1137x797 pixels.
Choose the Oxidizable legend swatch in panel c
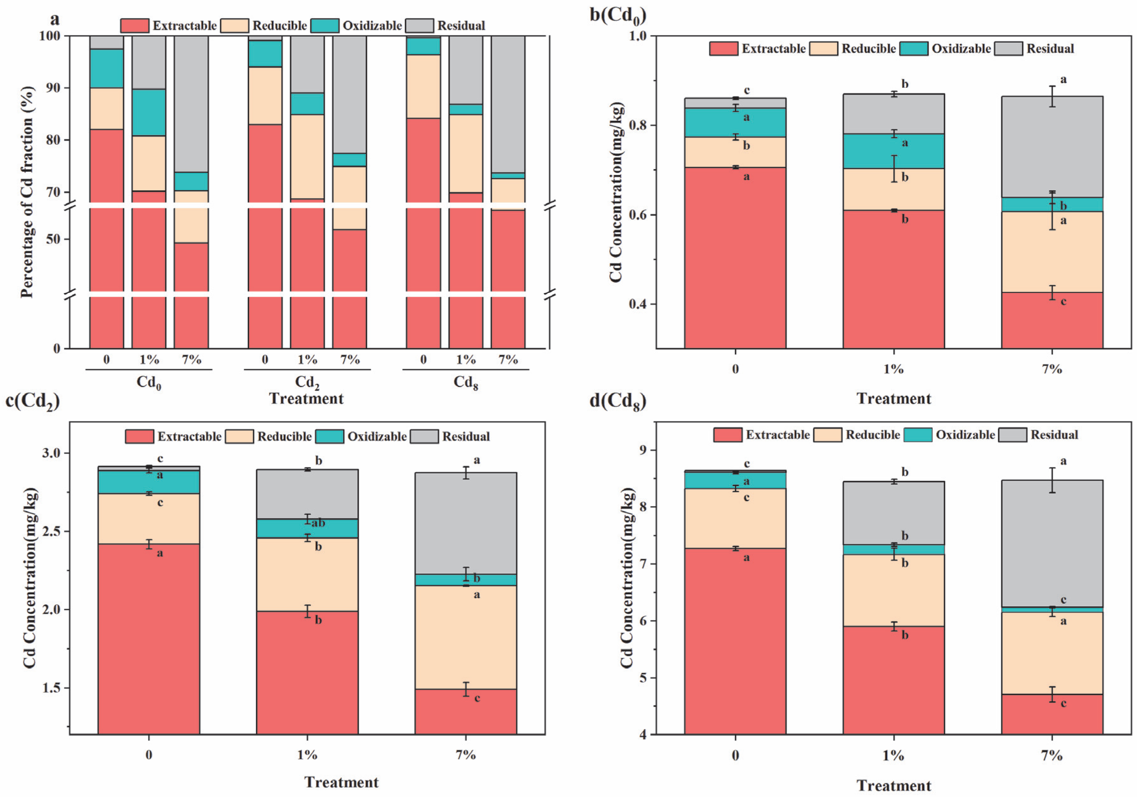pyautogui.click(x=329, y=436)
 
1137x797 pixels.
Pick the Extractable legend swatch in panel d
pyautogui.click(x=728, y=435)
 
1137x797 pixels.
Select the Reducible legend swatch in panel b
pyautogui.click(x=823, y=49)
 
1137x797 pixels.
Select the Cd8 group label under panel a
pyautogui.click(x=466, y=383)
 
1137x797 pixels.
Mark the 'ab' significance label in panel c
pyautogui.click(x=318, y=523)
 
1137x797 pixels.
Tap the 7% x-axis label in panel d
pyautogui.click(x=1052, y=755)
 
